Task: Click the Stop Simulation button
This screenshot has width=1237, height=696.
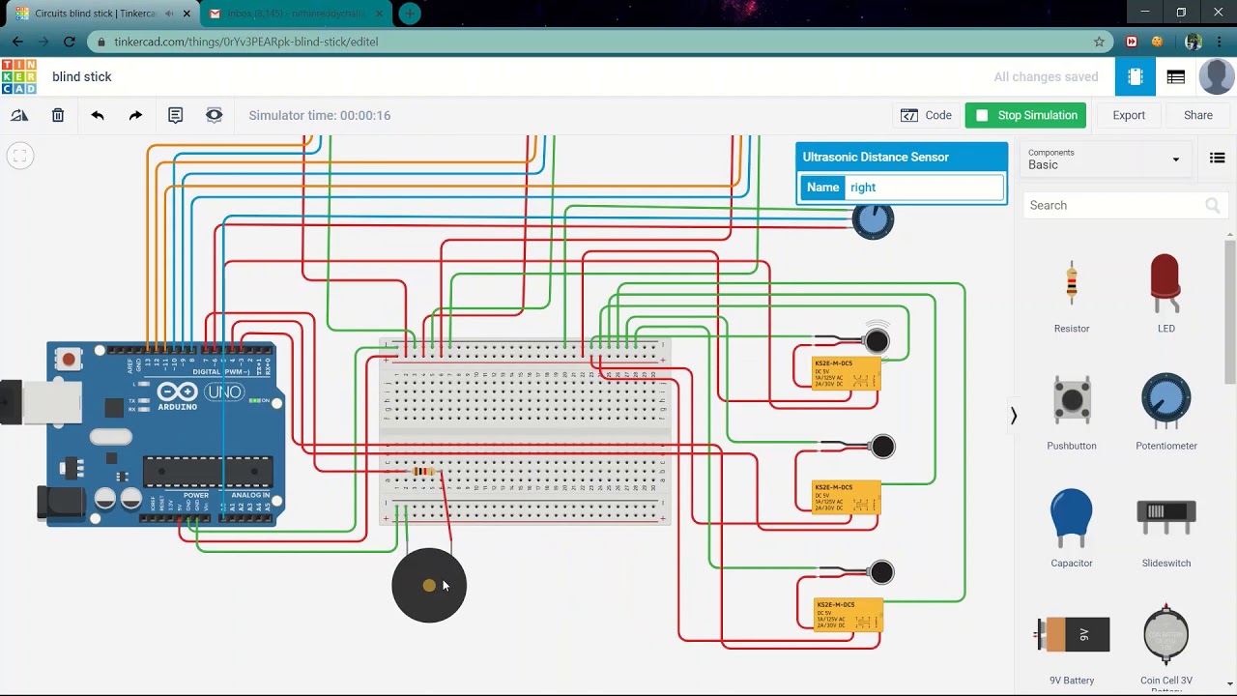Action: pyautogui.click(x=1025, y=115)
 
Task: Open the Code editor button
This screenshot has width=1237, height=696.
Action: pyautogui.click(x=926, y=115)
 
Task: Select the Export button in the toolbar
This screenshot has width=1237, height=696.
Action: pyautogui.click(x=1128, y=115)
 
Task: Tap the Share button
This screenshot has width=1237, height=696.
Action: pyautogui.click(x=1197, y=115)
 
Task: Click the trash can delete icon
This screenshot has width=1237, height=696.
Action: pyautogui.click(x=58, y=115)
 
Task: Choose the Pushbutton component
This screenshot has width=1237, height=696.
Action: pyautogui.click(x=1072, y=401)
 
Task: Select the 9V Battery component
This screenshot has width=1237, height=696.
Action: pyautogui.click(x=1072, y=635)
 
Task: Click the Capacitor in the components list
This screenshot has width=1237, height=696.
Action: pyautogui.click(x=1072, y=517)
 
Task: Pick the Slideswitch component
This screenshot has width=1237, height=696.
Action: pyautogui.click(x=1165, y=517)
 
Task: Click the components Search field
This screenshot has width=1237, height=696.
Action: pyautogui.click(x=1116, y=205)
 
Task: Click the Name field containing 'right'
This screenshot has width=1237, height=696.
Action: pyautogui.click(x=924, y=188)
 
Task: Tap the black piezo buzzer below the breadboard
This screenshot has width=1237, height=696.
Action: pyautogui.click(x=429, y=586)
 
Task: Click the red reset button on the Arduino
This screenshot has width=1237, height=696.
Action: pyautogui.click(x=68, y=361)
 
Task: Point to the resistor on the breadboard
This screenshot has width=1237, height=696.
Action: pyautogui.click(x=423, y=472)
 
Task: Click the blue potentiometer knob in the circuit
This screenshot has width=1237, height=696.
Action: pyautogui.click(x=873, y=220)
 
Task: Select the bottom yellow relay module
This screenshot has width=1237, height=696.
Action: pyautogui.click(x=848, y=614)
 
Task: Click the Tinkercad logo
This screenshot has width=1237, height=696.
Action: pyautogui.click(x=19, y=77)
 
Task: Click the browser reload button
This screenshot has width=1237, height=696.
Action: pyautogui.click(x=70, y=42)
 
